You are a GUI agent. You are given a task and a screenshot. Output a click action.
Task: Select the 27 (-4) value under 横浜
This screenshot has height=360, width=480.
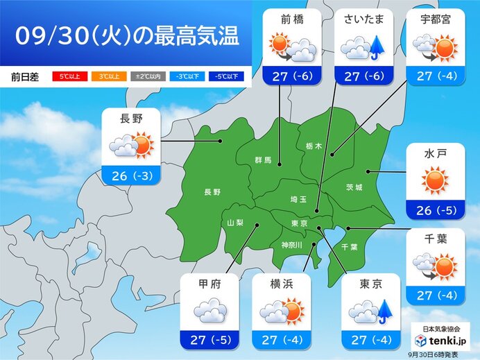pos(283,340)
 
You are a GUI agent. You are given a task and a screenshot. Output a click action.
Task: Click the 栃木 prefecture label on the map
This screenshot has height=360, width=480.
pos(313,146)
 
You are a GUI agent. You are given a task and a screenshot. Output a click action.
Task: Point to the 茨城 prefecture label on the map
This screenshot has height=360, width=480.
pos(354,187)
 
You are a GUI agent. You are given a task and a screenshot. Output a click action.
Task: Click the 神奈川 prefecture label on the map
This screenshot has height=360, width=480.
pos(292,244)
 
